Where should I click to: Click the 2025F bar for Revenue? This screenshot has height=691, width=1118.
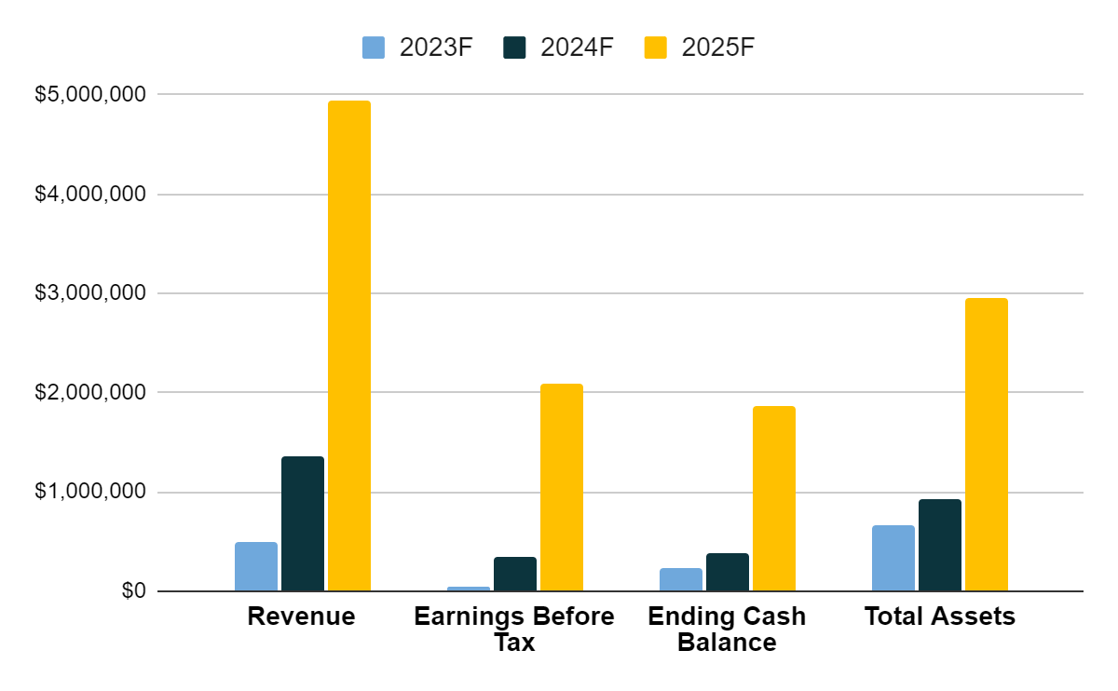point(349,345)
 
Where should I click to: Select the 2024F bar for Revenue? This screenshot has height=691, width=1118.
point(303,523)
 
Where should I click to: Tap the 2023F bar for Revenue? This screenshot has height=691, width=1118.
point(256,566)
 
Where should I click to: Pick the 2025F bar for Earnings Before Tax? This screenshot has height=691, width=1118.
point(562,487)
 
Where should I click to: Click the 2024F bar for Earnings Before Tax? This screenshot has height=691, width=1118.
point(515,574)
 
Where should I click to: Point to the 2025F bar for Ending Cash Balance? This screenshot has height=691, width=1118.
point(774,498)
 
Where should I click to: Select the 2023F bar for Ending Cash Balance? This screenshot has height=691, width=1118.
point(681,579)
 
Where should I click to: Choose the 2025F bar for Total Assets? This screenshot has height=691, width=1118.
point(987,444)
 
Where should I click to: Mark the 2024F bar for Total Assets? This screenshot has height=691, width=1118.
point(940,545)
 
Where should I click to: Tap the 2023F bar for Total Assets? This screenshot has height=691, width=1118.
point(893,558)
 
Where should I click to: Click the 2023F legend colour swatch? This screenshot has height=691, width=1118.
point(374,47)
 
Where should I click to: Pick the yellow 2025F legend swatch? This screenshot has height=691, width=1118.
point(656,47)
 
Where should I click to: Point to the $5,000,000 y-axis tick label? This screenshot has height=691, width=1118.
point(91,95)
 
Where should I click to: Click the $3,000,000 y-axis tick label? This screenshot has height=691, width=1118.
point(91,293)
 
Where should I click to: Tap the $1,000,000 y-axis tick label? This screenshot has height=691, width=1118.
point(91,492)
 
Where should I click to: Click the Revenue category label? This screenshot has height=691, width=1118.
point(301,616)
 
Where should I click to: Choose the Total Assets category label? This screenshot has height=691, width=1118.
point(939,616)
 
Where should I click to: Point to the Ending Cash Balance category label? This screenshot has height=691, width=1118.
point(727,629)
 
